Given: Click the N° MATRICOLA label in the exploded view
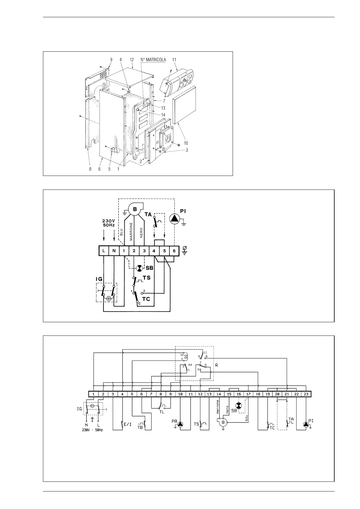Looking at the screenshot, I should coord(153,60).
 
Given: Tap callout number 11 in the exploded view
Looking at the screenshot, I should coord(174,60).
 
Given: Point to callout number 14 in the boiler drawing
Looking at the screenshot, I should coord(163,115).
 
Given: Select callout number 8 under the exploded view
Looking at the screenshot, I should coord(90,169).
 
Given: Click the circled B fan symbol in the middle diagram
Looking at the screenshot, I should coord(135,209).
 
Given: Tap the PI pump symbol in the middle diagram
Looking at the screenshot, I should coord(175,219).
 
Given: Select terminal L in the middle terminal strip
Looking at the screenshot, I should coord(104,251).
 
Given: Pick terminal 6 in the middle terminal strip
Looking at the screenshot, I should coord(174,251).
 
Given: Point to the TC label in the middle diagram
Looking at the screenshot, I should coord(146,299).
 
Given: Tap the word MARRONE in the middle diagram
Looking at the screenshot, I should coord(131,232).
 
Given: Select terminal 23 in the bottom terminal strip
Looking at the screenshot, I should coord(306,394).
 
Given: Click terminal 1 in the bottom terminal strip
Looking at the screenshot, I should coord(94,394).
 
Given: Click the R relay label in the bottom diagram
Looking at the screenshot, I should coord(216,365).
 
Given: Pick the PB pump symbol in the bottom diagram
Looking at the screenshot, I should coord(181,424).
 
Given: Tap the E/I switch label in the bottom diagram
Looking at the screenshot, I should coord(128,424).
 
